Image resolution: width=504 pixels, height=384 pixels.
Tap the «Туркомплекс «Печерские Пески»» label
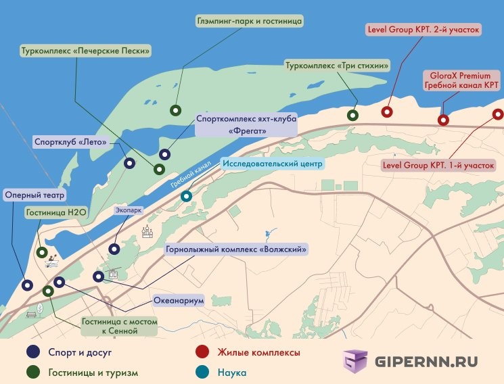click(85, 51)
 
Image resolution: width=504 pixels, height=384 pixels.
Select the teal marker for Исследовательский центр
click(186, 197)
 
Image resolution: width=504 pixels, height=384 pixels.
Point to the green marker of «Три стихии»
click(352, 115)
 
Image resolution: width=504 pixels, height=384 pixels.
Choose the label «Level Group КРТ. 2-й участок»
click(423, 30)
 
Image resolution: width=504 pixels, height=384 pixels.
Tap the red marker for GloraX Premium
click(443, 120)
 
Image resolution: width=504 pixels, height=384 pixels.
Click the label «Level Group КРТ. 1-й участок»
click(438, 164)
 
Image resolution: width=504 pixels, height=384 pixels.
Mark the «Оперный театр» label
click(35, 195)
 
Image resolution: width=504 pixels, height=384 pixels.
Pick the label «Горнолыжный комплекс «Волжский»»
click(236, 249)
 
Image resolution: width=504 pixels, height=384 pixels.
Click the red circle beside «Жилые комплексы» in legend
click(201, 352)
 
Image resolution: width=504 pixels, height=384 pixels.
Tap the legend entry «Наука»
click(232, 373)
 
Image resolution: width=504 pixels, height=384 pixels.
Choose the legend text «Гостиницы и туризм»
click(93, 373)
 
